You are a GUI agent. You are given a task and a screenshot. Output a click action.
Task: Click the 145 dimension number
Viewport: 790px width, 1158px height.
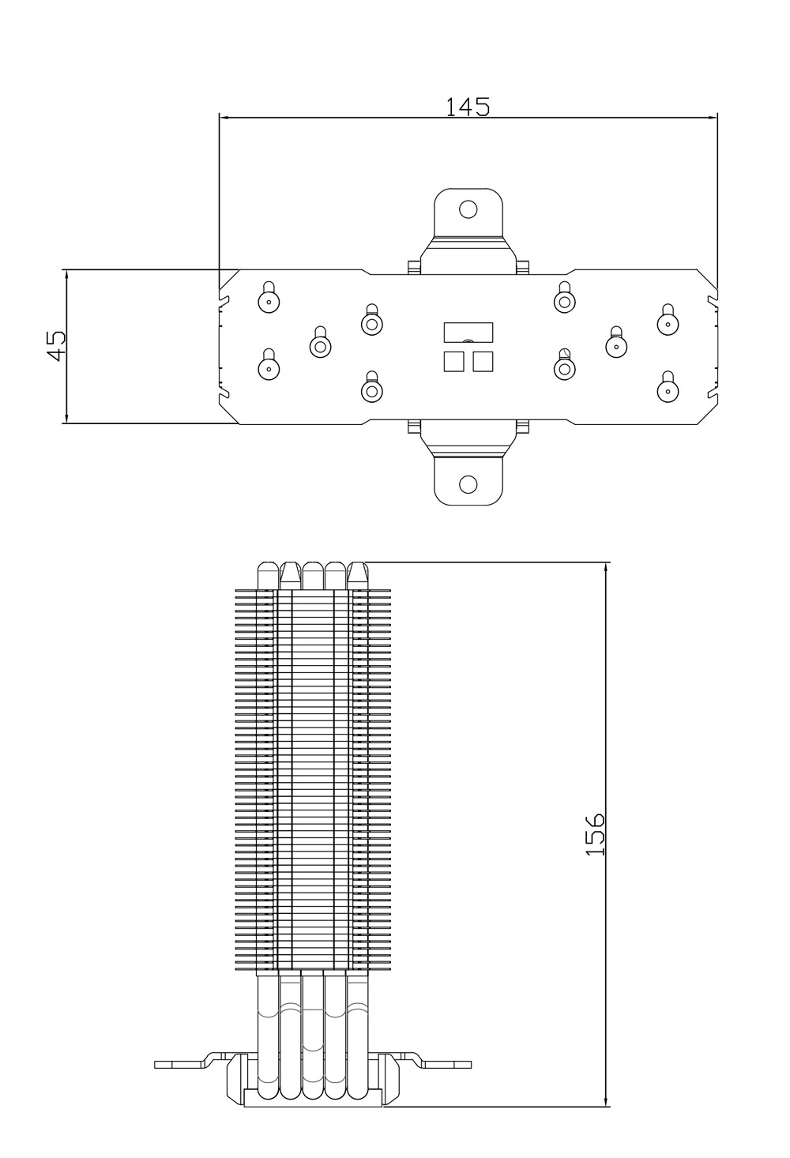click(468, 107)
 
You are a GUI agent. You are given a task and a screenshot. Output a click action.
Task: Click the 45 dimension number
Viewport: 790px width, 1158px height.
click(57, 345)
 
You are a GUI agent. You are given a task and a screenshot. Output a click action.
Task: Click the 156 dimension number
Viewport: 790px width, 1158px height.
click(595, 834)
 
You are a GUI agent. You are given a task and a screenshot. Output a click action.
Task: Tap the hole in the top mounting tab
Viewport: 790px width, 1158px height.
click(468, 209)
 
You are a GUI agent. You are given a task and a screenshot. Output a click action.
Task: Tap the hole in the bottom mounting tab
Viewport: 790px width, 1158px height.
click(468, 484)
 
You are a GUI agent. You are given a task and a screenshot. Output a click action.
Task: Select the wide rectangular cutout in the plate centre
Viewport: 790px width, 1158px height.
click(468, 333)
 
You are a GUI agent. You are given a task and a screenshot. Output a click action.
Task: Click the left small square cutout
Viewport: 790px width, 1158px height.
click(453, 361)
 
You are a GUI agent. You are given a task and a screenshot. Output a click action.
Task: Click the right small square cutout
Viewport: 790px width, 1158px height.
click(483, 361)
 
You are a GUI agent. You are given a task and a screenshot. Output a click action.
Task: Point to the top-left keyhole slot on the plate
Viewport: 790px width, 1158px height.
click(269, 297)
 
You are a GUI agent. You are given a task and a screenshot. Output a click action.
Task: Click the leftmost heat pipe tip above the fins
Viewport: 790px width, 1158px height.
click(269, 575)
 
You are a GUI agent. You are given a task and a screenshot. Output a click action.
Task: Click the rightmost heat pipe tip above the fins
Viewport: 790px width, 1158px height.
click(358, 575)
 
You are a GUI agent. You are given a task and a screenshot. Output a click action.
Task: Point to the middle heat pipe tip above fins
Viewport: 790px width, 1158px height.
click(313, 575)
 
